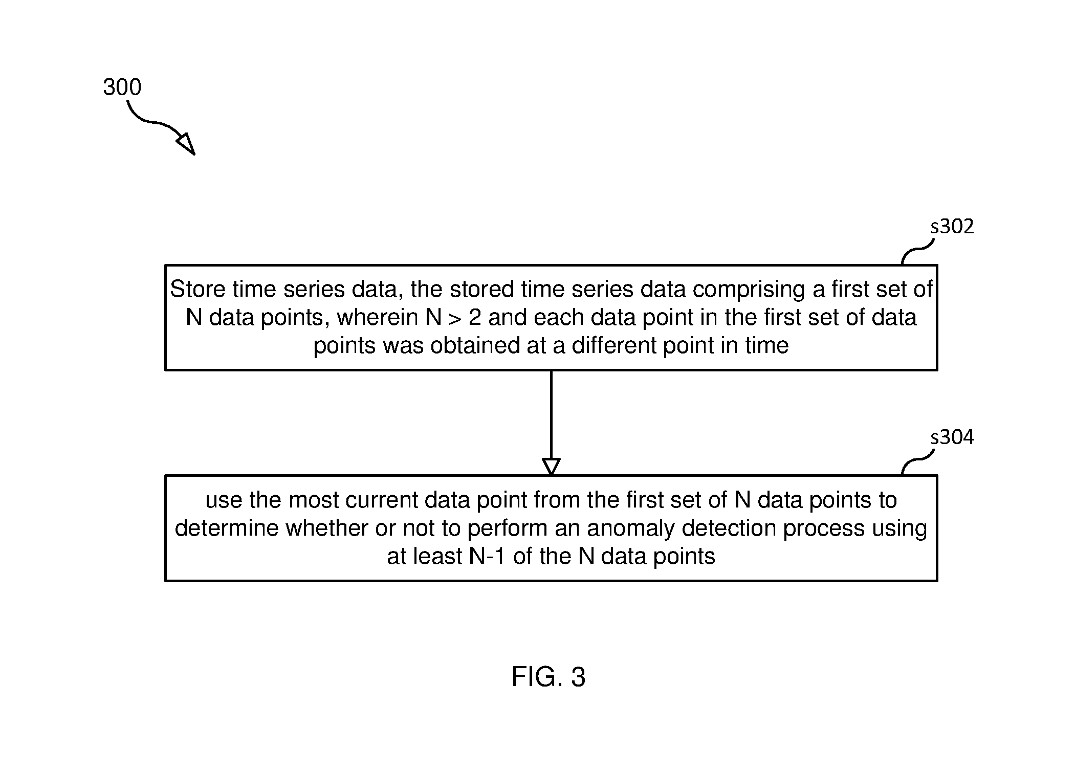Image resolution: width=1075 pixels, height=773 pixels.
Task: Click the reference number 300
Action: (122, 87)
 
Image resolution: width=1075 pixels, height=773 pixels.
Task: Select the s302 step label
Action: (952, 226)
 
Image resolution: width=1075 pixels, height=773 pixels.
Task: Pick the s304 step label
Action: (952, 437)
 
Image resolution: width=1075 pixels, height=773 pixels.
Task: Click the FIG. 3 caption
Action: (548, 677)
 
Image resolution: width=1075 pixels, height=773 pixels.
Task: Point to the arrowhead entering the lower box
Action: (551, 467)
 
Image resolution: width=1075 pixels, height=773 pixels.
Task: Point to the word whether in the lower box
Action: (327, 528)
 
